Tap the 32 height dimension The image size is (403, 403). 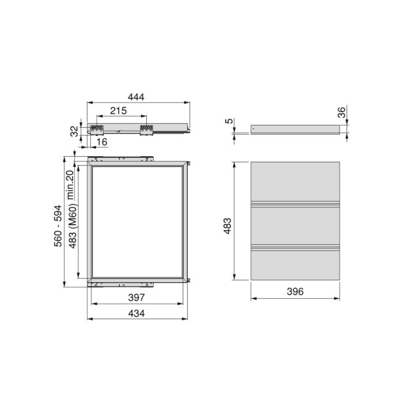tap(74, 131)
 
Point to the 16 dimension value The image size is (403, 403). tap(102, 142)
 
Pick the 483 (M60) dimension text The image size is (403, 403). tap(73, 227)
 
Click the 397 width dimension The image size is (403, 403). tap(136, 298)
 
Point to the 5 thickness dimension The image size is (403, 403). tap(229, 121)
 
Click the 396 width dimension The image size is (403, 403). tap(294, 292)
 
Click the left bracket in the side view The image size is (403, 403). tap(96, 130)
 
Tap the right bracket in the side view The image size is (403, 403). tap(146, 130)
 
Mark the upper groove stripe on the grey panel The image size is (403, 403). tap(296, 204)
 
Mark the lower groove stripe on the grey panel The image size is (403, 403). tap(296, 248)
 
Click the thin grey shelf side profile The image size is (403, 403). tap(296, 130)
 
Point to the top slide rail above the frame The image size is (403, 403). tap(120, 158)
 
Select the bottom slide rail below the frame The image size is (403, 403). tap(120, 283)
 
